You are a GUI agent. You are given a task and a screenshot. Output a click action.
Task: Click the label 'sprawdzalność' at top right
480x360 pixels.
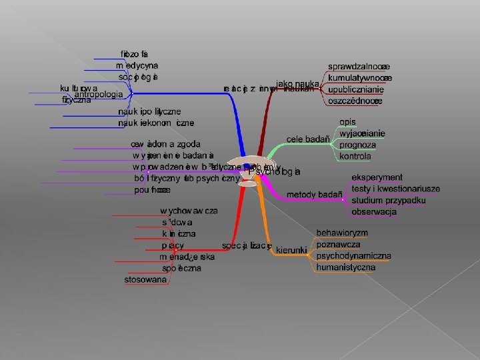pos(358,67)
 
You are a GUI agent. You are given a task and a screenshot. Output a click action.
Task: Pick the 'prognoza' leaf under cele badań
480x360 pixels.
pos(357,145)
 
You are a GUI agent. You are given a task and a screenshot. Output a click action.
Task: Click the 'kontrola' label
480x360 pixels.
pos(355,156)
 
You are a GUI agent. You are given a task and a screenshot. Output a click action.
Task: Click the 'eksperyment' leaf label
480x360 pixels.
pos(377,177)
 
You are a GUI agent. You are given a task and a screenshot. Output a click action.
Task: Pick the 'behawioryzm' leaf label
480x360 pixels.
pos(342,233)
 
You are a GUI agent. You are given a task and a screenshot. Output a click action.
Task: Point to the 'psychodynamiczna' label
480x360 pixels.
pos(353,256)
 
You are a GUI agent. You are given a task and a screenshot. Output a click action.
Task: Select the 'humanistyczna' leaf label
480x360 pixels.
pos(345,267)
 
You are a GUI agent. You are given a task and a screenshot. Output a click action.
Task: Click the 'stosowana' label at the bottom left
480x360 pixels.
pos(145,279)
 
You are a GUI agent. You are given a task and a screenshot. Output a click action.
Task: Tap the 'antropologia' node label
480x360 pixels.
pos(97,94)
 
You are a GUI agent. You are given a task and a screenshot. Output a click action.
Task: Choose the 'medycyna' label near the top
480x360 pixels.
pos(137,65)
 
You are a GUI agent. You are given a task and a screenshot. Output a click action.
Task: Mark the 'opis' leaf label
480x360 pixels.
pos(347,122)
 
